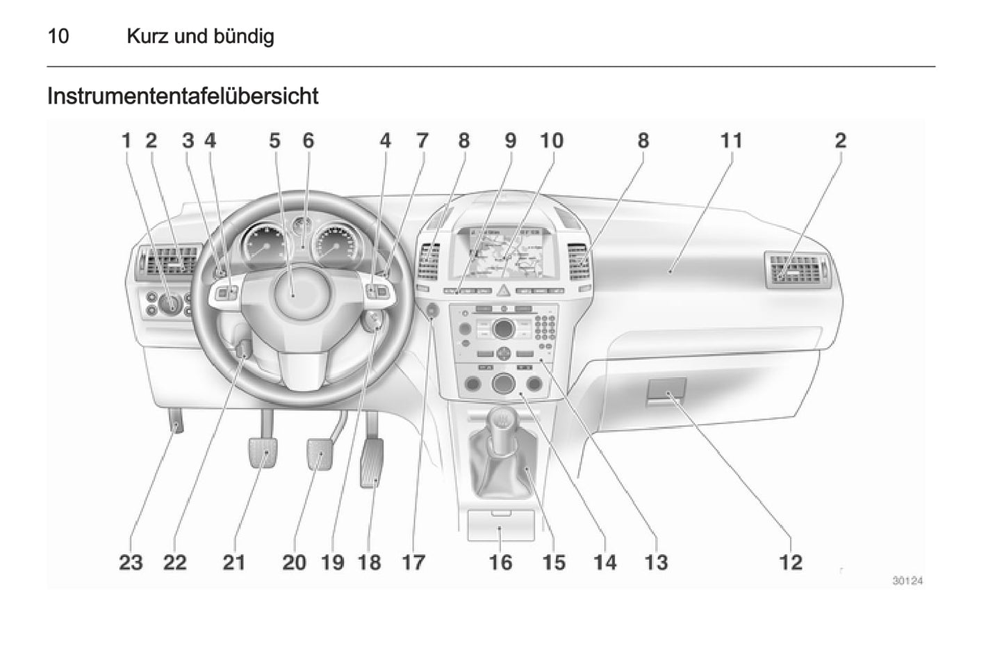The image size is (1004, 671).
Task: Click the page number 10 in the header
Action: point(58,36)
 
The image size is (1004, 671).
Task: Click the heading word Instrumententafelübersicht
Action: point(183,96)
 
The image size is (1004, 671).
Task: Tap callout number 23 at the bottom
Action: point(131,562)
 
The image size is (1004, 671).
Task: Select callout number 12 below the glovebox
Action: point(791,562)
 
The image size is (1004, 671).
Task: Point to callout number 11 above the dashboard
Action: point(731,141)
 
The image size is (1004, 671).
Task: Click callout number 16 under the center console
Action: point(500,562)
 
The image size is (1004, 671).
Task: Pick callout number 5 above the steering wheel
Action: point(274,141)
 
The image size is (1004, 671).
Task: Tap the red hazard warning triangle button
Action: point(503,290)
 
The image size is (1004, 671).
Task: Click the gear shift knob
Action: point(500,421)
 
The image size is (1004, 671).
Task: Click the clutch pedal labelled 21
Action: point(263,453)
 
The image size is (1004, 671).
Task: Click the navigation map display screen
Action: point(505,252)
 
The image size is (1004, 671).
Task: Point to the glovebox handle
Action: point(667,391)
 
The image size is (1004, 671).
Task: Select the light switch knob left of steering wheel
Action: point(170,304)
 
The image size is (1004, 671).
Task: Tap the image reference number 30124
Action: point(907,581)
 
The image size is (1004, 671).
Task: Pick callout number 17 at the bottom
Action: point(413,562)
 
